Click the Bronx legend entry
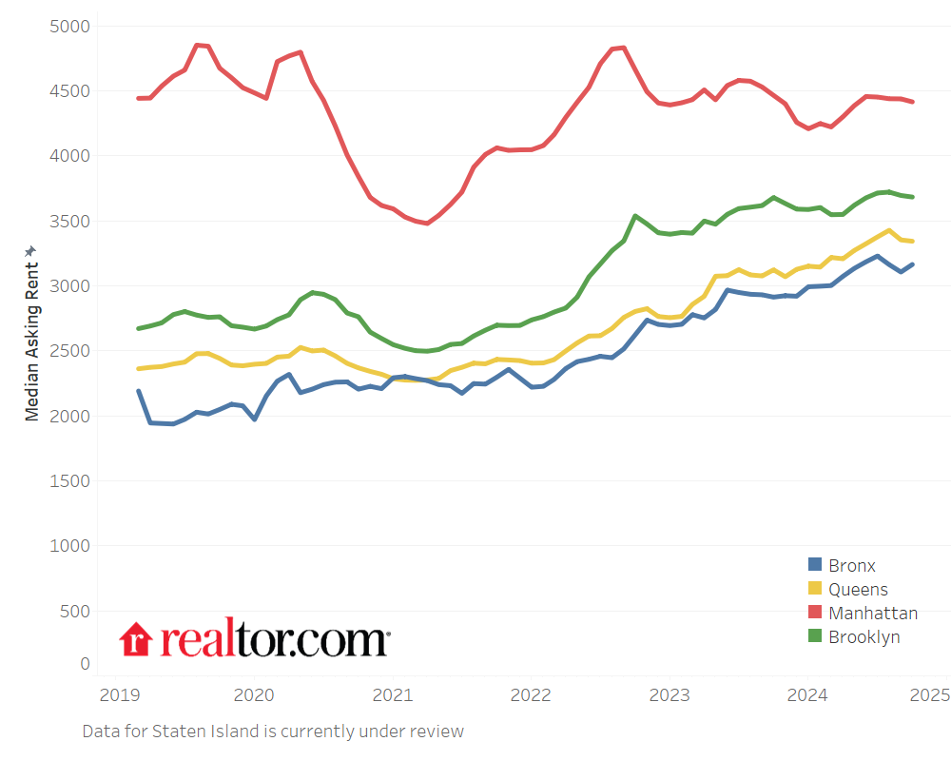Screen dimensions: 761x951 [851, 566]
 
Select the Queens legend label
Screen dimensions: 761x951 [858, 590]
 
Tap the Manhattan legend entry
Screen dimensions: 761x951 [873, 614]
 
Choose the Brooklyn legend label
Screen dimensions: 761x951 [864, 637]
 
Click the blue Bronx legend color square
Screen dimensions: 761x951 [815, 566]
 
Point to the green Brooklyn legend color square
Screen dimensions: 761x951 [815, 637]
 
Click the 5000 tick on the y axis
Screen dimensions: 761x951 [68, 26]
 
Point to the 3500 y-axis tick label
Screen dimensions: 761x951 [68, 221]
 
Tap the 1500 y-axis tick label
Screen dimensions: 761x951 [68, 480]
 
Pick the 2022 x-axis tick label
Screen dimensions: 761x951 [531, 694]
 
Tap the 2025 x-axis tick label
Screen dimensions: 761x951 [929, 694]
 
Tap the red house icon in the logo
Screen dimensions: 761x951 [136, 639]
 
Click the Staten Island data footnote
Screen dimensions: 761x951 [273, 732]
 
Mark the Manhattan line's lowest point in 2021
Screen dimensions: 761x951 [427, 224]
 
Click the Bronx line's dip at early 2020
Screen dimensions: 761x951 [254, 419]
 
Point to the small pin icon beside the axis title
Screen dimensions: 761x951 [31, 250]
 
